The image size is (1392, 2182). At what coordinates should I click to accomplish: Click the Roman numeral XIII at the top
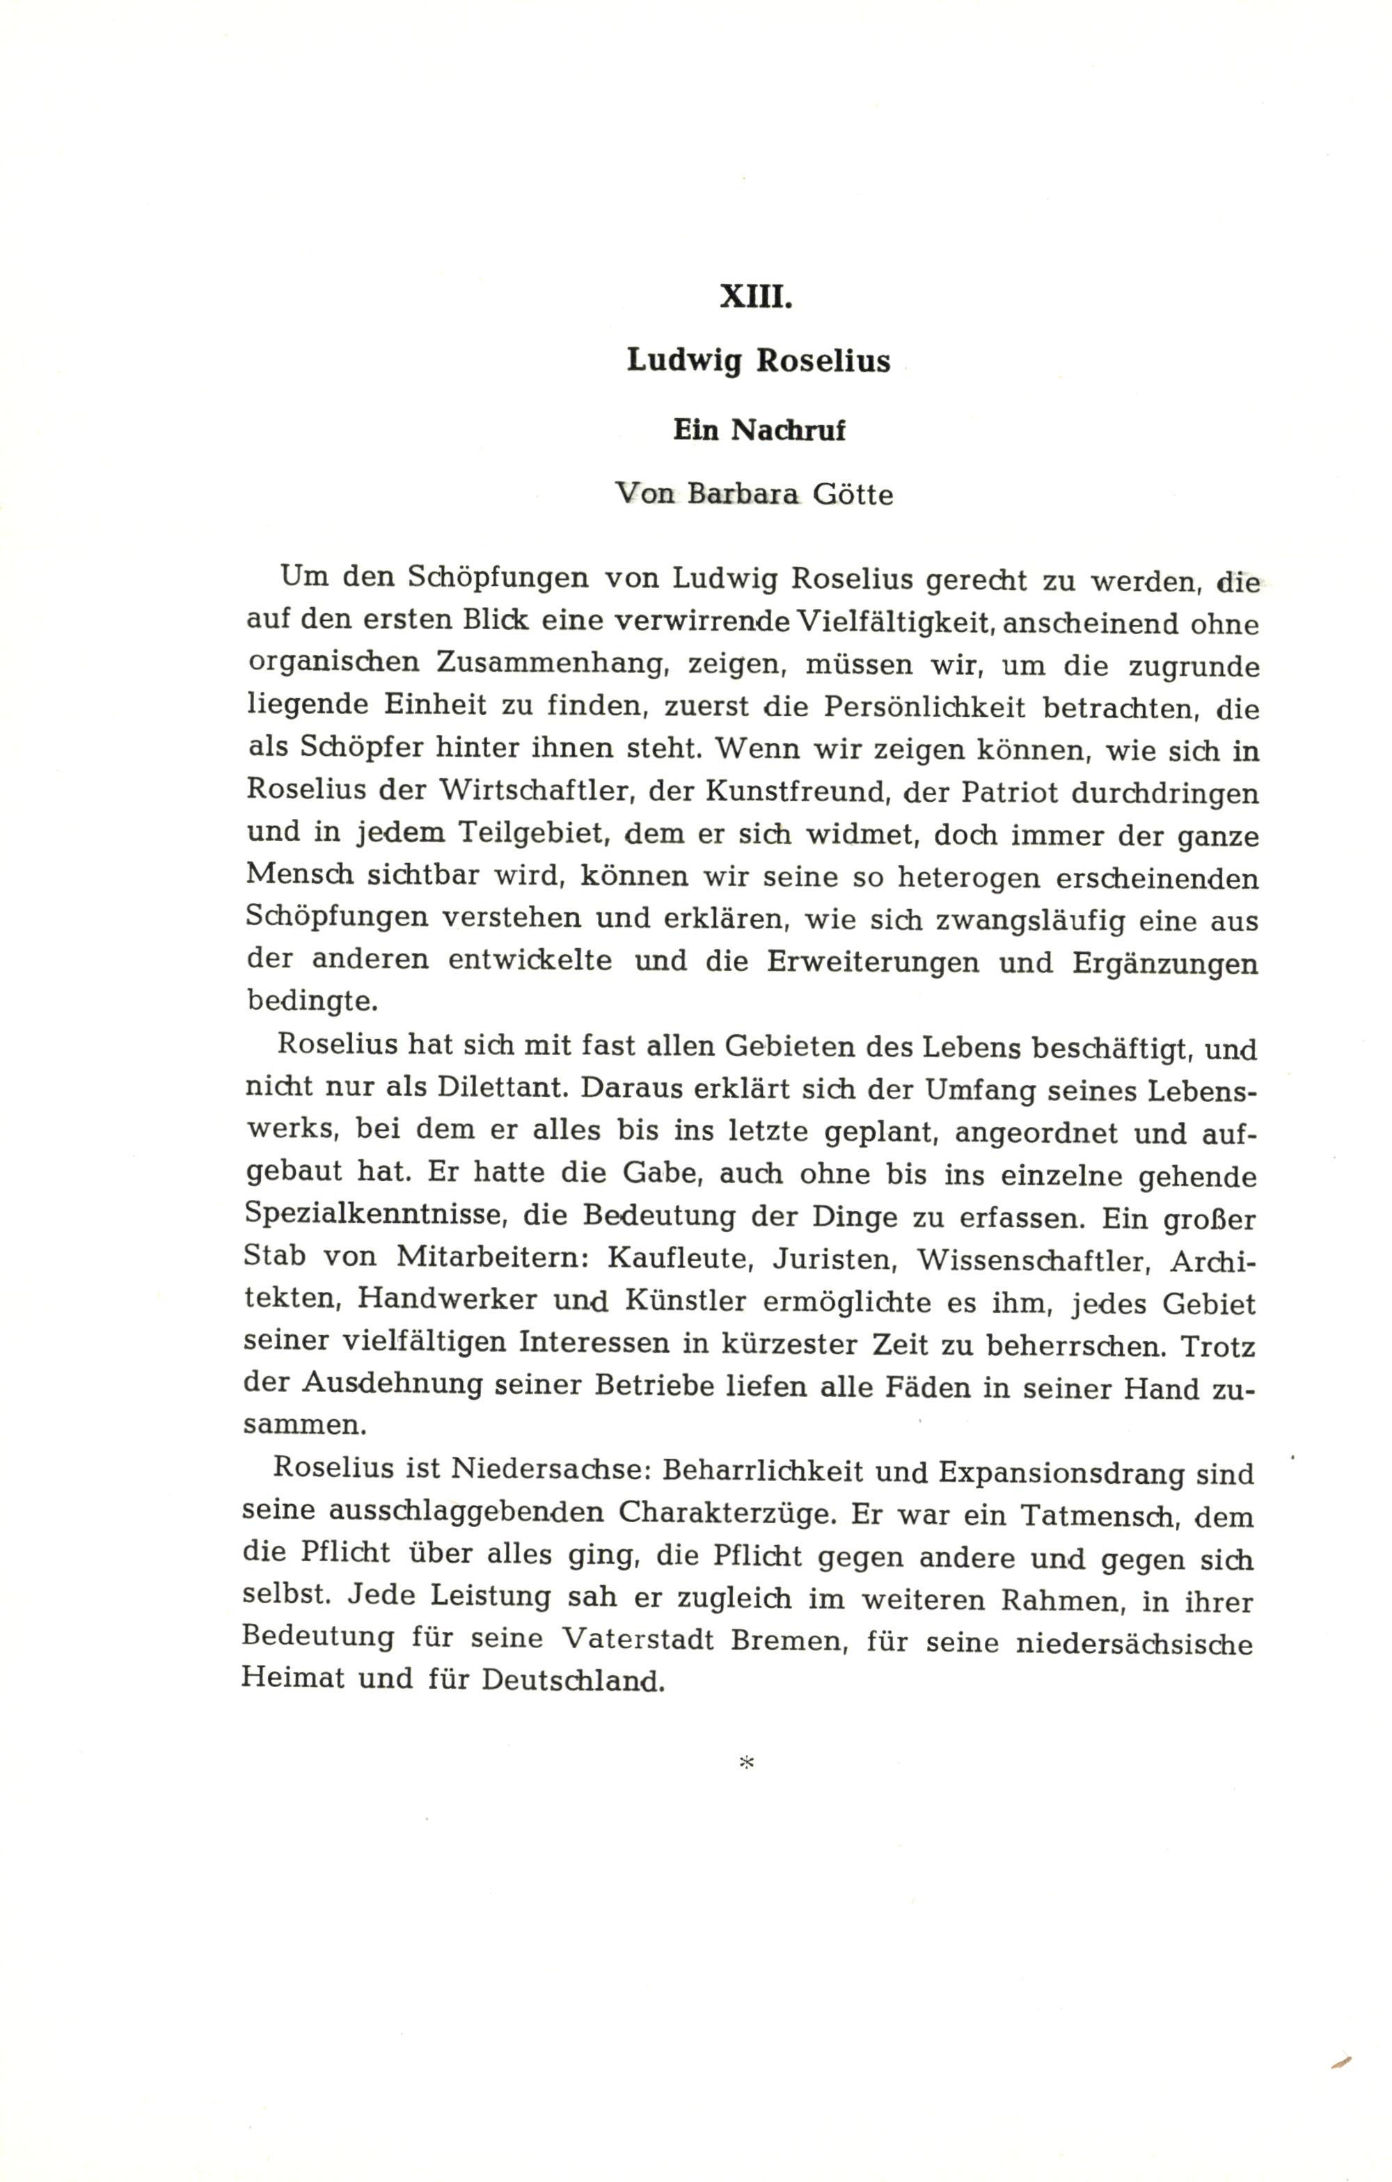[756, 297]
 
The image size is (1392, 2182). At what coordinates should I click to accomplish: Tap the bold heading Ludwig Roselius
[759, 361]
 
